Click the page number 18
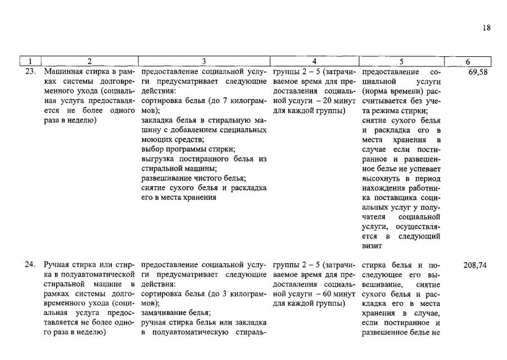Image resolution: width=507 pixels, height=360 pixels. [486, 27]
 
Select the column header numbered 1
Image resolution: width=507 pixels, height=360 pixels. [31, 61]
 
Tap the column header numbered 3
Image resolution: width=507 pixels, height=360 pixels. [203, 61]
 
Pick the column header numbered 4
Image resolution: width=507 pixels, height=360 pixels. [314, 61]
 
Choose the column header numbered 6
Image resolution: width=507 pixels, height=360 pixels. [468, 61]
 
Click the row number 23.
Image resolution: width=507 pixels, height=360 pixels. [31, 72]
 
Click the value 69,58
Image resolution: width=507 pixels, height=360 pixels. [477, 72]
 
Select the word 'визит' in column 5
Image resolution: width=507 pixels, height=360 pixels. [372, 246]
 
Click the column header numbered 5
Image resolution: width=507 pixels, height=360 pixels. [402, 61]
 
